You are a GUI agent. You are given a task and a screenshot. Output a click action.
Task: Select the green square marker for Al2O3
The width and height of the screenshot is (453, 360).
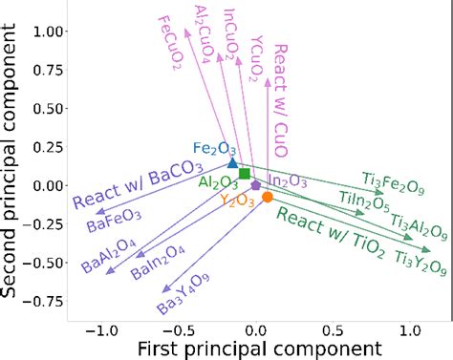point(245,174)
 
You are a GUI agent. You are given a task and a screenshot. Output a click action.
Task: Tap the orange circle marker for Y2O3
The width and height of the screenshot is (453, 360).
point(268,197)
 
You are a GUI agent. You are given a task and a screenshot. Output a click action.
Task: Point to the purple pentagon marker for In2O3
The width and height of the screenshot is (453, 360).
point(255,183)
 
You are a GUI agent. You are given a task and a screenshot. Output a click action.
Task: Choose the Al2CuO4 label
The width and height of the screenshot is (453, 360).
point(202,32)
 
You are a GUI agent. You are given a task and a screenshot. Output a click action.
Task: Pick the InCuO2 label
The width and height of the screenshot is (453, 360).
point(229,34)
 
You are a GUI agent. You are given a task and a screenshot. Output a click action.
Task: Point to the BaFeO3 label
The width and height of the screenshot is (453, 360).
point(114,221)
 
